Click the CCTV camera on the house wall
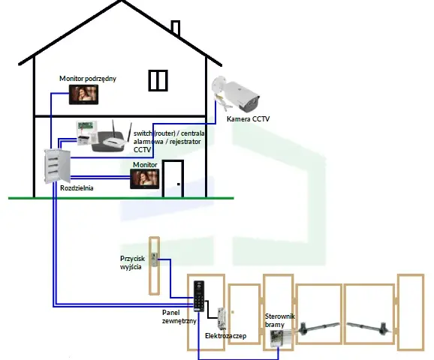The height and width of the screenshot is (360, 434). pyautogui.click(x=237, y=93)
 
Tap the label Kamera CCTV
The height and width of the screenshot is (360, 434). pyautogui.click(x=248, y=119)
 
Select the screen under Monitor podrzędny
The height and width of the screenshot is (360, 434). pyautogui.click(x=83, y=94)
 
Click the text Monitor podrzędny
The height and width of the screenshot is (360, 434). pyautogui.click(x=88, y=79)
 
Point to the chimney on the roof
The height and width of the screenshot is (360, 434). pyautogui.click(x=176, y=28)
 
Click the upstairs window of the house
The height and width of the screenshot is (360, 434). pyautogui.click(x=158, y=80)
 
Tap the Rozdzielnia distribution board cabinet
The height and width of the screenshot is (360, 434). pyautogui.click(x=57, y=166)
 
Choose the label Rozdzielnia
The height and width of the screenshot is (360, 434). pyautogui.click(x=77, y=188)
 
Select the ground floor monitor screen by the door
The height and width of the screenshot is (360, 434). pyautogui.click(x=145, y=179)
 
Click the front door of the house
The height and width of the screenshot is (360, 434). pyautogui.click(x=173, y=178)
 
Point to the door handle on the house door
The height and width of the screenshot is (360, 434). pyautogui.click(x=179, y=184)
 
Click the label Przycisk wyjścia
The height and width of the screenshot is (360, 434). pyautogui.click(x=133, y=262)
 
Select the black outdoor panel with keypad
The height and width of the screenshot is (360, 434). pyautogui.click(x=199, y=296)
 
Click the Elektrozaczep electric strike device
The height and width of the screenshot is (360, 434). pyautogui.click(x=222, y=319)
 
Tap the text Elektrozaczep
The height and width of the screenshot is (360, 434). pyautogui.click(x=225, y=336)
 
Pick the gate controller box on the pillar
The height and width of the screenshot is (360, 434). pyautogui.click(x=281, y=338)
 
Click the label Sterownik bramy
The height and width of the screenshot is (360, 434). pyautogui.click(x=280, y=320)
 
